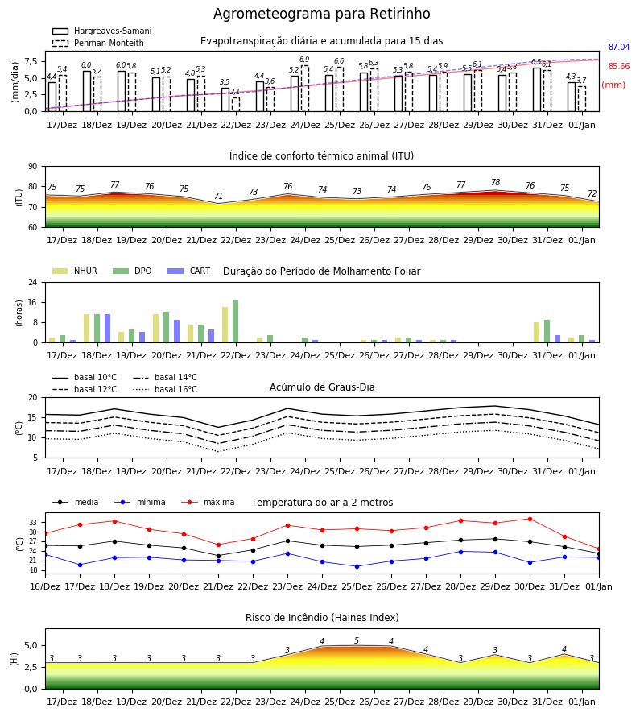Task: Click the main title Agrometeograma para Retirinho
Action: [x=321, y=14]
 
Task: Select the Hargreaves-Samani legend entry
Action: [x=101, y=31]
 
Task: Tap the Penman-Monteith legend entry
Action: [x=98, y=43]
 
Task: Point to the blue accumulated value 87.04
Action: [x=619, y=48]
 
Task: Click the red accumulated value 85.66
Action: [x=619, y=67]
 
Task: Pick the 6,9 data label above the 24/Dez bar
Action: [x=304, y=60]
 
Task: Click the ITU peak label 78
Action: [x=496, y=182]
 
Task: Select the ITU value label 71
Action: [x=218, y=196]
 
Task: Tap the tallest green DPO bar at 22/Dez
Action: [x=236, y=321]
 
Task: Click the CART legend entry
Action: [x=188, y=271]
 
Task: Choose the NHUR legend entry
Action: [x=74, y=271]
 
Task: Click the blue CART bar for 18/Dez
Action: [x=108, y=329]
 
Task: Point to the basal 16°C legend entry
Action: [x=165, y=389]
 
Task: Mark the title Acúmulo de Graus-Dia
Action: [x=322, y=387]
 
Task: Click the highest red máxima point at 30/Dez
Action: [x=530, y=520]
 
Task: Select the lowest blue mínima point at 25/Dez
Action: [x=357, y=566]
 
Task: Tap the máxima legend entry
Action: [x=208, y=502]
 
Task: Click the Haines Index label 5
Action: [x=357, y=641]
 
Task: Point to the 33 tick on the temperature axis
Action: [x=33, y=523]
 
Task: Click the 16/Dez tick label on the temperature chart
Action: [x=45, y=586]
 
